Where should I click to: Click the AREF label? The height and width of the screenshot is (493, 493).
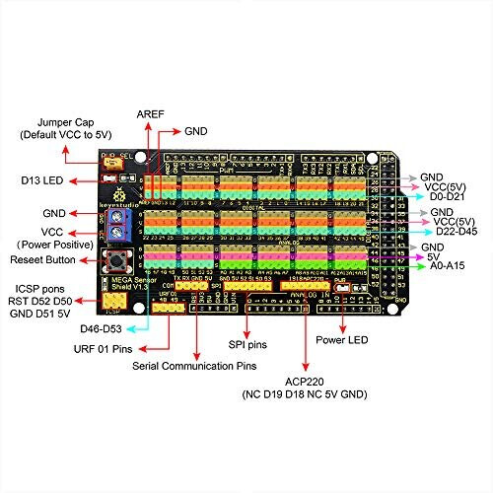pyautogui.click(x=151, y=113)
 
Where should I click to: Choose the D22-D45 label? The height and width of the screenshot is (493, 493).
pyautogui.click(x=456, y=234)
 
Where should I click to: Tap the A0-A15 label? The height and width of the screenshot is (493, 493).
pyautogui.click(x=451, y=267)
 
